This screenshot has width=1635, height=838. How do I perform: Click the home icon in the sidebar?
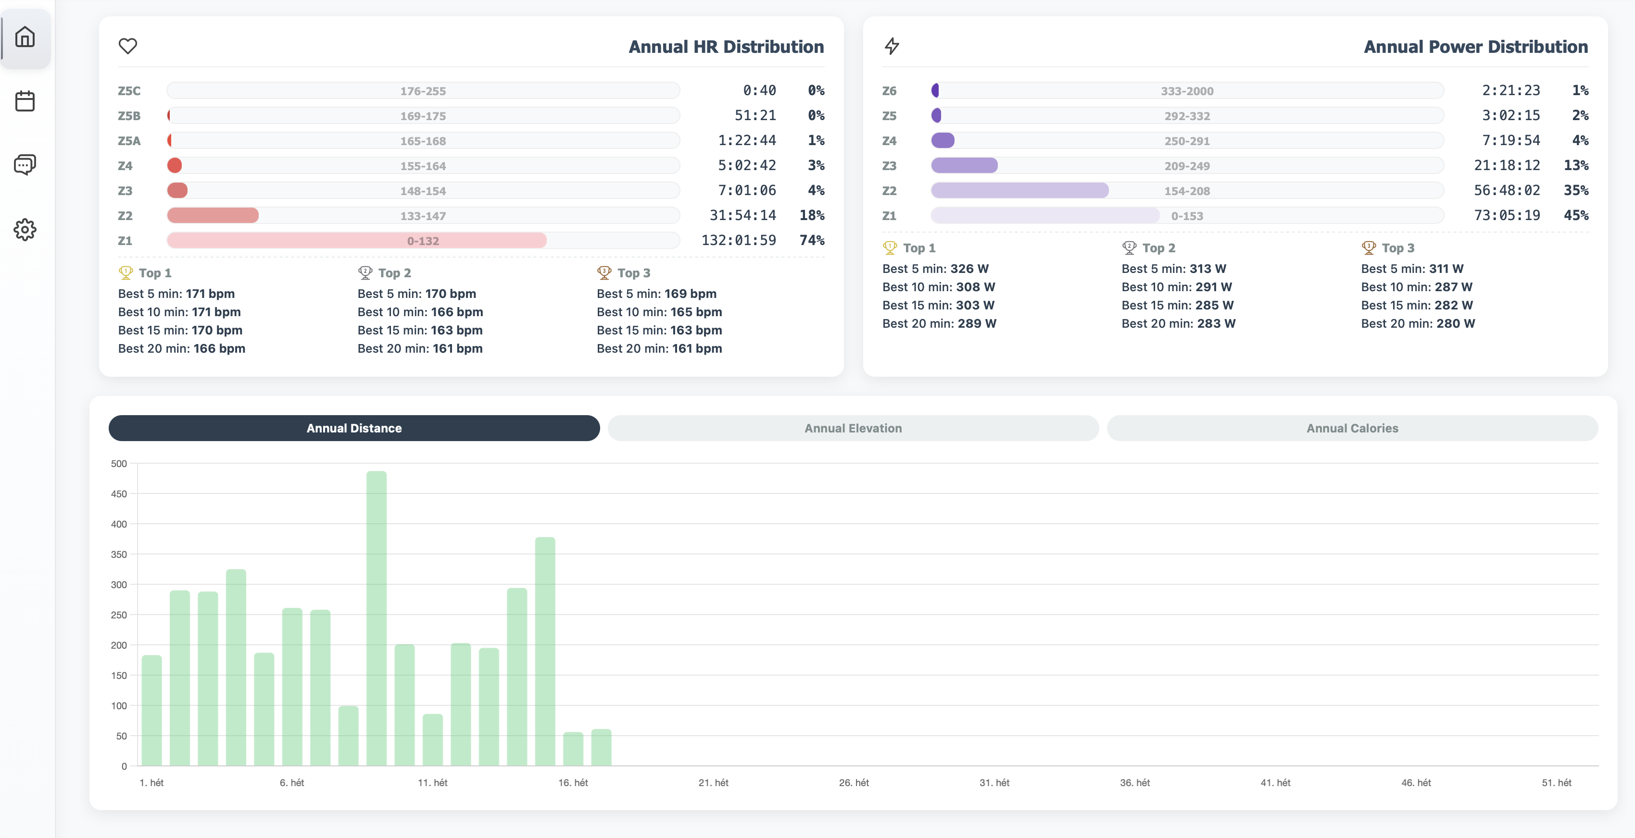click(25, 37)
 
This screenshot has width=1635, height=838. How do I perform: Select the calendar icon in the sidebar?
click(25, 101)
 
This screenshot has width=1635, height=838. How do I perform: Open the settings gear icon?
click(25, 230)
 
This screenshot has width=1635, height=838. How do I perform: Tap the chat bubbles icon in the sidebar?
click(25, 165)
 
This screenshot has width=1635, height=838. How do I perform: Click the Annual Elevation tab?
click(853, 428)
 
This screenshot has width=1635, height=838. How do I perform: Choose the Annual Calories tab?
click(1352, 428)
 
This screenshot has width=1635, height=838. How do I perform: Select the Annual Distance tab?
click(353, 428)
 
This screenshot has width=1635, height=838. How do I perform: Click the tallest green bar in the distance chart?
click(377, 618)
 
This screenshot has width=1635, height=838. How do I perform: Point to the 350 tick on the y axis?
click(119, 555)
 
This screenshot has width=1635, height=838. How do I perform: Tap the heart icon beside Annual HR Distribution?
click(127, 46)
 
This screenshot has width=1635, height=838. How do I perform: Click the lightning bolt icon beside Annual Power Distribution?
click(892, 46)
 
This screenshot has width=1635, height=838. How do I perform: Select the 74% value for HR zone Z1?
click(812, 240)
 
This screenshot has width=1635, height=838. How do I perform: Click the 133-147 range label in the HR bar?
click(423, 216)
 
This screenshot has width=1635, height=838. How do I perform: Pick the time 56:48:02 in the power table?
click(1506, 190)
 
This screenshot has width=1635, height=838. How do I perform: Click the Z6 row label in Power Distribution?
click(889, 91)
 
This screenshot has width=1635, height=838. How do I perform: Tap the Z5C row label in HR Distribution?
click(129, 91)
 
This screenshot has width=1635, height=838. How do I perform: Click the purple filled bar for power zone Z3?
click(964, 166)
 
